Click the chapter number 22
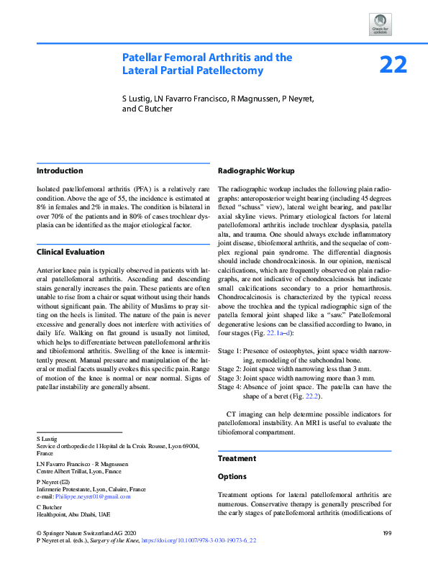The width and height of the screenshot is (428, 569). coord(393,65)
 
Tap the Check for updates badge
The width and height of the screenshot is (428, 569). coord(380,23)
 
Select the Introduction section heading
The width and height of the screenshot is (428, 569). coord(60,171)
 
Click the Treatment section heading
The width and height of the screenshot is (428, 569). coord(237,458)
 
